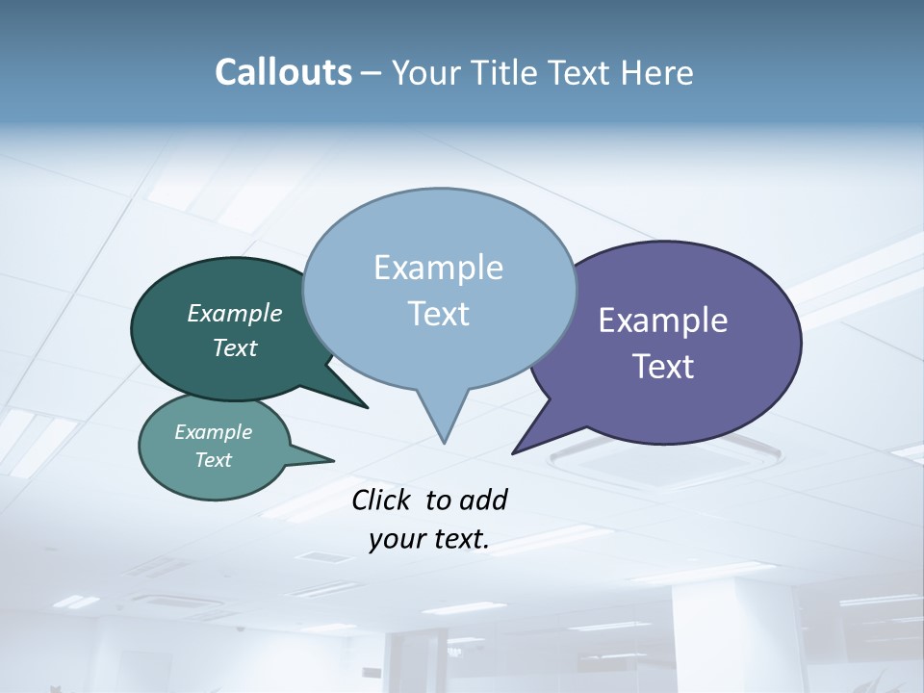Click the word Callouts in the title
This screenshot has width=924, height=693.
(x=283, y=72)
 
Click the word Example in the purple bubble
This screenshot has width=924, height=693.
(x=663, y=321)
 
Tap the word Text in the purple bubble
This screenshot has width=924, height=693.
(x=663, y=367)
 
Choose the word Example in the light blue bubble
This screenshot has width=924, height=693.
(x=439, y=268)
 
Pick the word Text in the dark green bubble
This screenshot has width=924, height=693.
(x=235, y=348)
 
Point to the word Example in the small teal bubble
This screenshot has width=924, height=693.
(x=213, y=432)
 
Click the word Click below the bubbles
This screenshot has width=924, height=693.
(x=382, y=500)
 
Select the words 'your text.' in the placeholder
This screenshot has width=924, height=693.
(x=429, y=540)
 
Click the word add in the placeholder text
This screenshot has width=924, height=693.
(x=482, y=500)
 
